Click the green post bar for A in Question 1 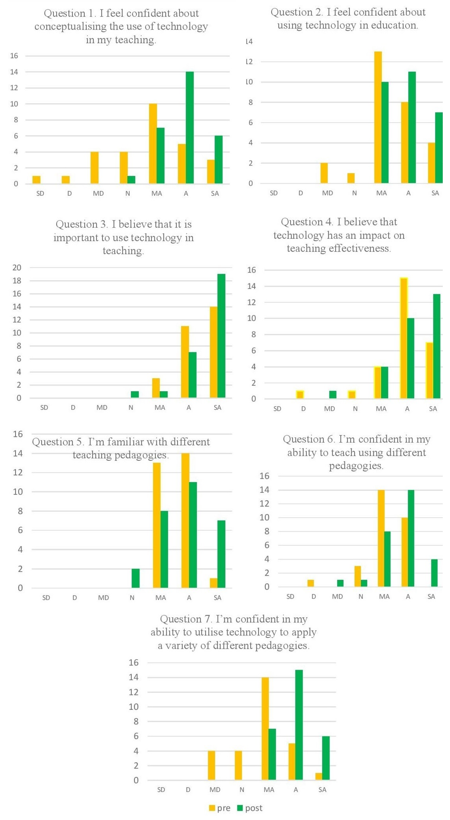click(x=190, y=127)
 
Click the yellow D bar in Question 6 click(x=310, y=583)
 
